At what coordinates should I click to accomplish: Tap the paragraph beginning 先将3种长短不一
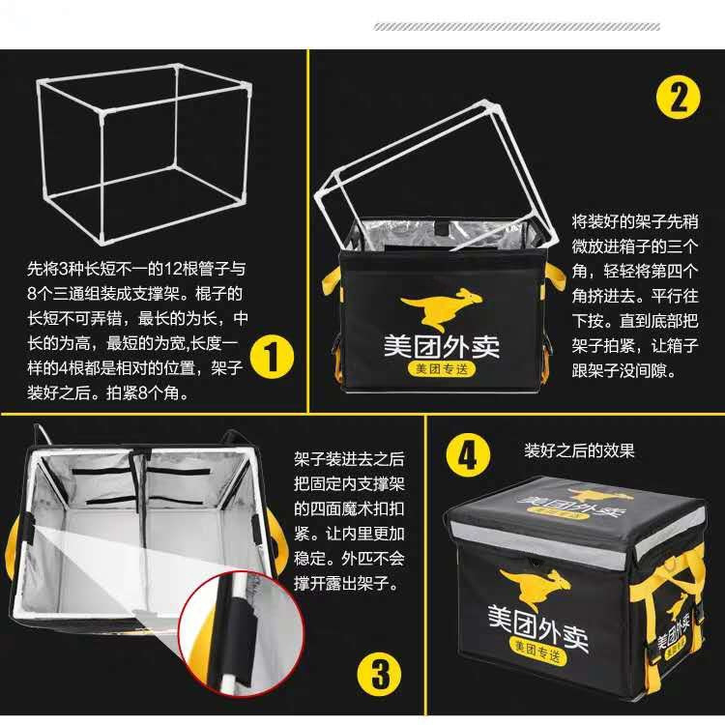coord(135,329)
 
